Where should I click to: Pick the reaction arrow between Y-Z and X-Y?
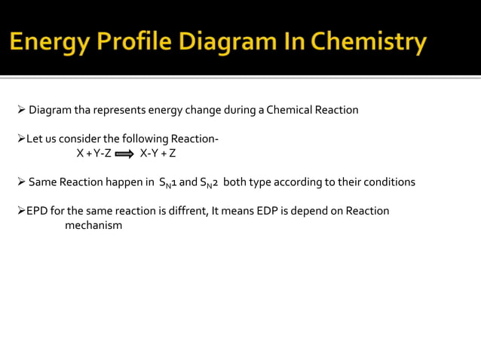tap(125, 154)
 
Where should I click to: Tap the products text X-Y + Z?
tap(158, 154)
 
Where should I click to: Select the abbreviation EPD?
tap(38, 211)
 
